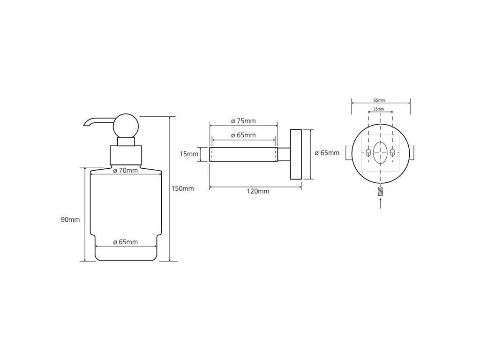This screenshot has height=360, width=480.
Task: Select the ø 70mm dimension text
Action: click(126, 171)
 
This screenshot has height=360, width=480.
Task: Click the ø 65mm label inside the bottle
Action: click(126, 242)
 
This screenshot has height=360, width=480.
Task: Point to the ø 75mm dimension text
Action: click(243, 121)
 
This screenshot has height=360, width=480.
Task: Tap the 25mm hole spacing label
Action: click(379, 109)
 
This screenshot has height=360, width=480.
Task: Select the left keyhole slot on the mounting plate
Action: click(368, 152)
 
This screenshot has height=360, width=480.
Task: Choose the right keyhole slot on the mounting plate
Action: click(392, 152)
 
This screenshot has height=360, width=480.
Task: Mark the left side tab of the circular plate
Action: click(348, 152)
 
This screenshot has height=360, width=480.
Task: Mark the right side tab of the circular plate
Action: click(413, 152)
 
